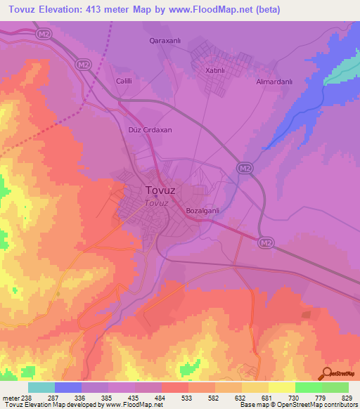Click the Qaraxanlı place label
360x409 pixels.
165,41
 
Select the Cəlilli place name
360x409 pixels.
125,82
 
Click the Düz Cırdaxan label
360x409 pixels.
150,130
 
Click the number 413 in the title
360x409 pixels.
105,9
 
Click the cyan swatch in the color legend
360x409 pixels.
41,387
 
